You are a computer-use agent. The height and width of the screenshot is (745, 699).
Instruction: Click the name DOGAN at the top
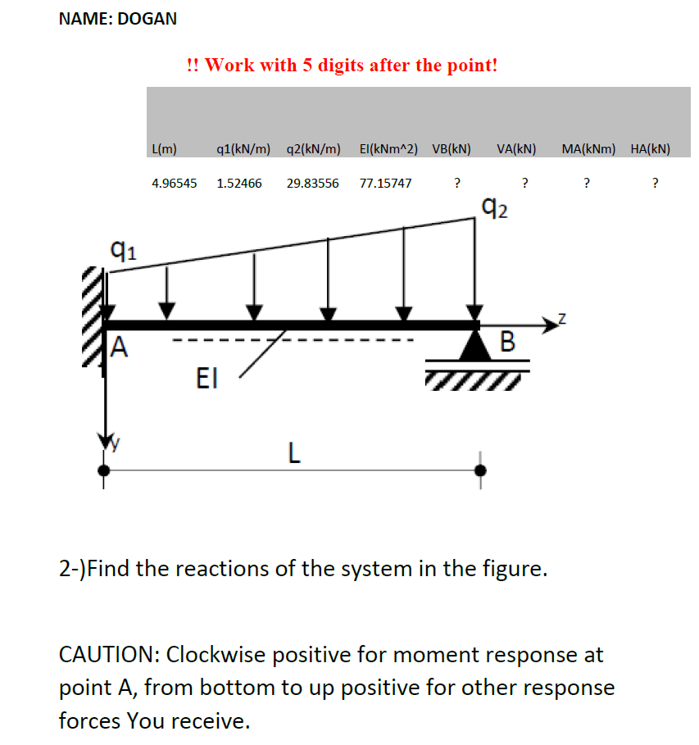coord(148,19)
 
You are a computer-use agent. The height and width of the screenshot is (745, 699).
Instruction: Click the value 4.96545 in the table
coord(175,183)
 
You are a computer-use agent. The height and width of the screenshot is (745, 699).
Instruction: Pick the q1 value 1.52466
coord(239,183)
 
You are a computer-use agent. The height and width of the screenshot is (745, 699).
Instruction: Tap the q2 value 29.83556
coord(312,183)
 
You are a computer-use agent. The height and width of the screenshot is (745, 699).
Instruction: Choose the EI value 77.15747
coord(386,183)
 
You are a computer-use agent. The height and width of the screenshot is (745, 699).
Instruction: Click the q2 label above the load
coord(496,210)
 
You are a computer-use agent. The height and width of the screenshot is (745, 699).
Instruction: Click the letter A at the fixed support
coord(120,349)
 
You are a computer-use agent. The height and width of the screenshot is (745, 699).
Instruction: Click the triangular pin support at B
coord(475,345)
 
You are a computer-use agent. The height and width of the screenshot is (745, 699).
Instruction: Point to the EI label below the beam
coord(208,378)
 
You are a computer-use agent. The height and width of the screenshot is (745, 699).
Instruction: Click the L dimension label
coord(293,452)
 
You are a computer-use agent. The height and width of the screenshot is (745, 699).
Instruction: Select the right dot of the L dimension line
coord(480,470)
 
